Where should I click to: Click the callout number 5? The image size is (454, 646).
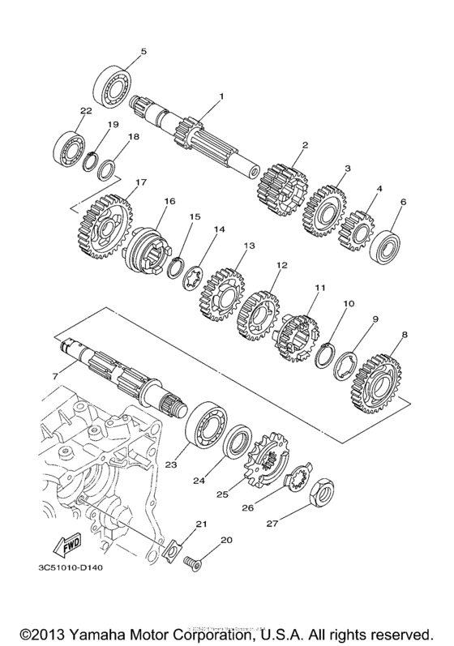pos(143,52)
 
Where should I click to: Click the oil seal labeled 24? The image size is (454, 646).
pos(238,446)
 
